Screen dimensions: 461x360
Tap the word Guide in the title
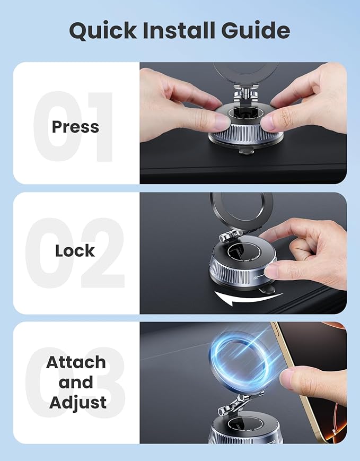(x=254, y=31)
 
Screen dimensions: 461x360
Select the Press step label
(x=75, y=127)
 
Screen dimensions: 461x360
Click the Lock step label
(x=75, y=250)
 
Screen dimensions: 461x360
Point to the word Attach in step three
(x=76, y=363)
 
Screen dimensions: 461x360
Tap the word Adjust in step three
(x=78, y=402)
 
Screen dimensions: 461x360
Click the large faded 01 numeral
(x=74, y=127)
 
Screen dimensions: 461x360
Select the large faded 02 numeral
(x=74, y=252)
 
